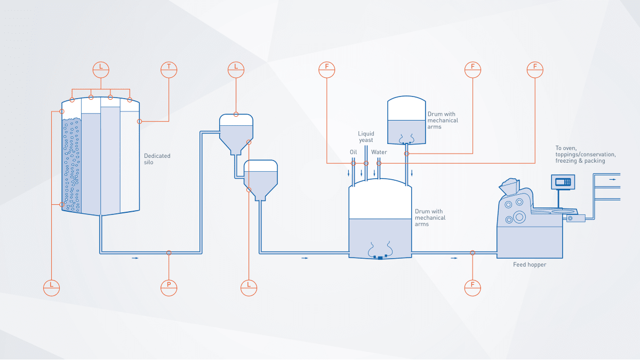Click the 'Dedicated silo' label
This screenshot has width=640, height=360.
pos(157,159)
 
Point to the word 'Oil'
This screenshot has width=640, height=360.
pos(353,152)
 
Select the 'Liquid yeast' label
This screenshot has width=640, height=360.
pos(366,137)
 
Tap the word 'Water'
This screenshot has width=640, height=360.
pos(379,152)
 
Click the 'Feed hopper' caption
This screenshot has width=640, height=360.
pos(529,265)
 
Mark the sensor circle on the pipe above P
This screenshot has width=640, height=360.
pos(169,253)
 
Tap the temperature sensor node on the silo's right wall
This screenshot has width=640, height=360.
pos(140,121)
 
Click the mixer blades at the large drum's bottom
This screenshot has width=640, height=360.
pos(379,251)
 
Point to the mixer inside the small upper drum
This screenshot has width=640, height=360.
pos(406,139)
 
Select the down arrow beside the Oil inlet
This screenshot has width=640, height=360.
pos(349,173)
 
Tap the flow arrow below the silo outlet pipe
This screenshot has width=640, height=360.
pos(135,258)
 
